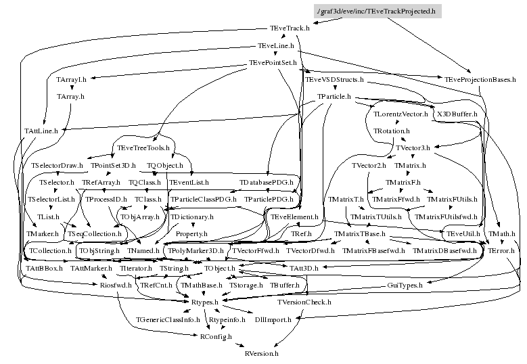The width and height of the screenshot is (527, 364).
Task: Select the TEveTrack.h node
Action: (x=285, y=29)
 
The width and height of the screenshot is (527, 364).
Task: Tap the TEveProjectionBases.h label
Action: (x=476, y=80)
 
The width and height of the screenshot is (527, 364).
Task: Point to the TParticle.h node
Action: (x=334, y=97)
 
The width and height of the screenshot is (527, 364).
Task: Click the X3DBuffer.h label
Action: (x=457, y=114)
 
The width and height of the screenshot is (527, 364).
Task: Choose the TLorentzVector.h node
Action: (x=400, y=114)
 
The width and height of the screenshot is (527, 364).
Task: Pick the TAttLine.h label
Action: (x=41, y=131)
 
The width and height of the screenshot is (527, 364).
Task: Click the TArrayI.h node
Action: (x=71, y=80)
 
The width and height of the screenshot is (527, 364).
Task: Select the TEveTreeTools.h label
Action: (x=143, y=148)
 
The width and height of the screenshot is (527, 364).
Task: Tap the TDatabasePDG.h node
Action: (x=267, y=183)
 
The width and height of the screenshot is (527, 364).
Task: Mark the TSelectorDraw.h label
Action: (x=57, y=165)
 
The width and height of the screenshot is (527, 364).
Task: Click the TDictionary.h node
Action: (x=191, y=217)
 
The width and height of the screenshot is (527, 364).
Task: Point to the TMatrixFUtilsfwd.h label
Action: (x=446, y=217)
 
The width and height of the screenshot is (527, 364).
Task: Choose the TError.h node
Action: (x=501, y=251)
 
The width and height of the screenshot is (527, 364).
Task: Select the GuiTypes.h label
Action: (x=405, y=286)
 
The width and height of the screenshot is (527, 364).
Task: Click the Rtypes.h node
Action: (x=204, y=302)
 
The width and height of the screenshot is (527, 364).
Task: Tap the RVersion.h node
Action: (x=261, y=353)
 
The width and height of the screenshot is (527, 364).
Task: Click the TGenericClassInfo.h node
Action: (x=168, y=319)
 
